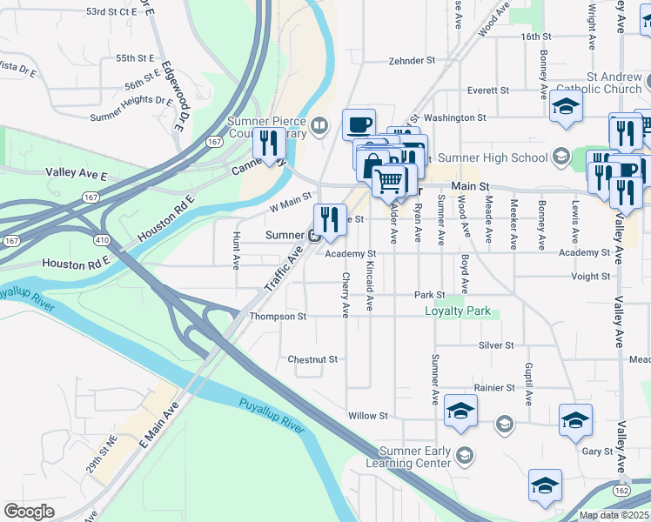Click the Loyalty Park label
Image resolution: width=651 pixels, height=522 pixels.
458,311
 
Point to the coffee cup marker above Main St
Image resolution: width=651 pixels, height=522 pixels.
359,124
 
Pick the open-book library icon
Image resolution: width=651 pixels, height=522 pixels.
319,127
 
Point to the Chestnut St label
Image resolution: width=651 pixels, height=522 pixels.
312,358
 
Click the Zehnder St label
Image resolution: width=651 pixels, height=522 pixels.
411,61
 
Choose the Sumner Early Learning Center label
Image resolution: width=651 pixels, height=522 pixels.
416,458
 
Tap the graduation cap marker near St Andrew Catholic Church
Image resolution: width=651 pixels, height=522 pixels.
566,107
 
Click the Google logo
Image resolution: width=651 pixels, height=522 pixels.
29,511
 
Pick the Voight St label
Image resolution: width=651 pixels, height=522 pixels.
591,277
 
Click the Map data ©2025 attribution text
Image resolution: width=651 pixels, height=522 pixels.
614,515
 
